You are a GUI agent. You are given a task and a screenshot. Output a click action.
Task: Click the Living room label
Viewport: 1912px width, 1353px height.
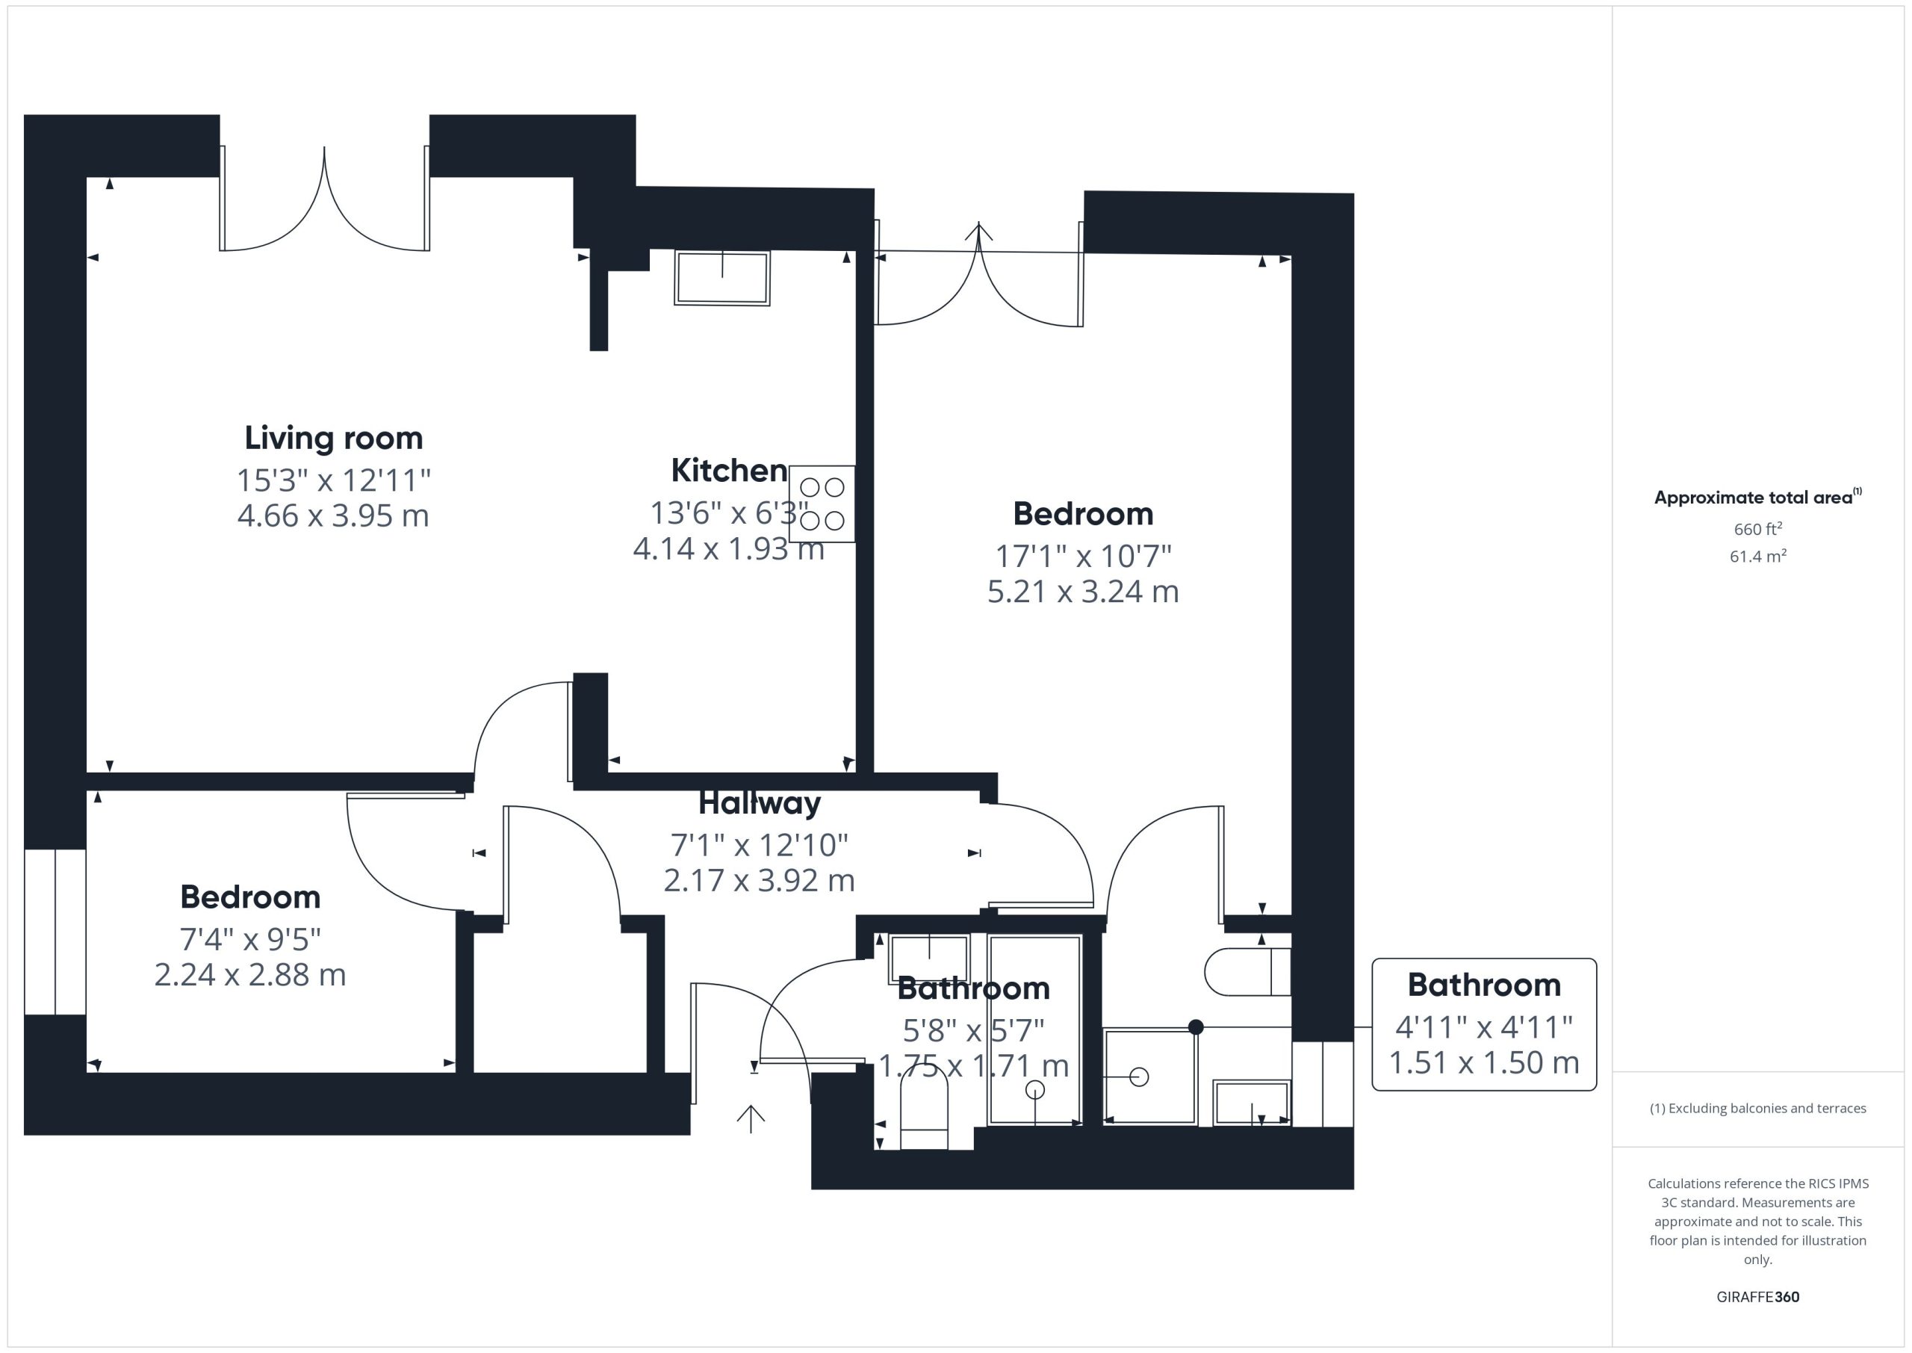[x=333, y=439]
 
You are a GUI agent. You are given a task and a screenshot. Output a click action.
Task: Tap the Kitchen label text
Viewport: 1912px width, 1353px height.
[x=730, y=471]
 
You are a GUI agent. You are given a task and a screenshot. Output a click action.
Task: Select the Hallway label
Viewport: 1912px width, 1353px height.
[x=760, y=803]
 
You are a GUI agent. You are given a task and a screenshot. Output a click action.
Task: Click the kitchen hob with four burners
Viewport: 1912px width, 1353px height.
[x=822, y=504]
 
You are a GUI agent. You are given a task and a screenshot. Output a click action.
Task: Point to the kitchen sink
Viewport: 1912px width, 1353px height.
[x=722, y=277]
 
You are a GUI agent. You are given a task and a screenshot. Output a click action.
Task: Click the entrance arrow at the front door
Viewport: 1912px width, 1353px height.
[x=751, y=1119]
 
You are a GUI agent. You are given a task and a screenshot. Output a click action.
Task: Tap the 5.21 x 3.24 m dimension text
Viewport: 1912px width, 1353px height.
[x=1082, y=592]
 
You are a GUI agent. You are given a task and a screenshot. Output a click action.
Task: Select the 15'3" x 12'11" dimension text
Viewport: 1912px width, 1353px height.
[x=333, y=480]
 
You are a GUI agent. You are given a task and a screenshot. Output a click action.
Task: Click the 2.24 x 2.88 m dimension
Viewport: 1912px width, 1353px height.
[x=249, y=975]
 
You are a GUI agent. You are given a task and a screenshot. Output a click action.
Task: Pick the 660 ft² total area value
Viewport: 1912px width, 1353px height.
[x=1758, y=529]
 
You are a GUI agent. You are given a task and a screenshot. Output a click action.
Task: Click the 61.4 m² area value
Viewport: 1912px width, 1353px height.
[x=1758, y=556]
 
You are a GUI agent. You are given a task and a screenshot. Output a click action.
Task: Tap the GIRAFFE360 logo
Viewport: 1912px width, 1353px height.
[x=1758, y=1296]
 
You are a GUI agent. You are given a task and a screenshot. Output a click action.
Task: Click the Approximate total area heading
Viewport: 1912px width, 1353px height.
[x=1757, y=498]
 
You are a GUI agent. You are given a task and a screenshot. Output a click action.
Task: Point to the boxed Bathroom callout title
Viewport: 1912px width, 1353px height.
[x=1484, y=985]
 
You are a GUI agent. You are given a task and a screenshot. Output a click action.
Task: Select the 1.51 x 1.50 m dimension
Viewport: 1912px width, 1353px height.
[x=1484, y=1063]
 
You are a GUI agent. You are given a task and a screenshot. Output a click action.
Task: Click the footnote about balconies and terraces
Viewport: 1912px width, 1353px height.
[x=1758, y=1108]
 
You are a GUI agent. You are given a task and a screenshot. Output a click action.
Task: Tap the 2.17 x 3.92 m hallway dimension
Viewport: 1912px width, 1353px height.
[x=760, y=881]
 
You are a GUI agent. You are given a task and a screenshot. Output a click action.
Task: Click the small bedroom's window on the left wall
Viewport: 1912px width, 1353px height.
[x=55, y=932]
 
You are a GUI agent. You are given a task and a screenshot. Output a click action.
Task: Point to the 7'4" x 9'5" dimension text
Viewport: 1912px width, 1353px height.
[x=249, y=940]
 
